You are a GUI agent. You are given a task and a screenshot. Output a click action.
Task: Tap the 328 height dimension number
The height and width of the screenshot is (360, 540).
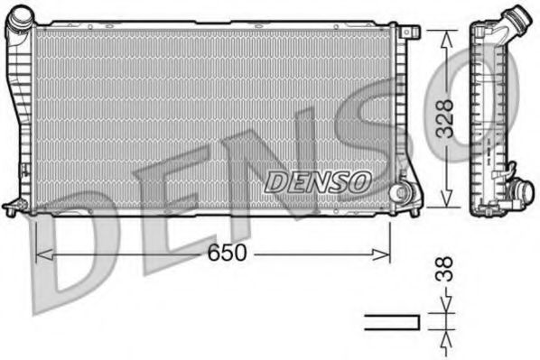[444, 116]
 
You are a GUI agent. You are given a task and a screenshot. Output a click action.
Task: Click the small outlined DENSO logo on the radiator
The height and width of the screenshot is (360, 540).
[318, 181]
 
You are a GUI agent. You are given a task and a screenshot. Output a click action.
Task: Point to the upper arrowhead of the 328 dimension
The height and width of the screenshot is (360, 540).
[444, 34]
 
